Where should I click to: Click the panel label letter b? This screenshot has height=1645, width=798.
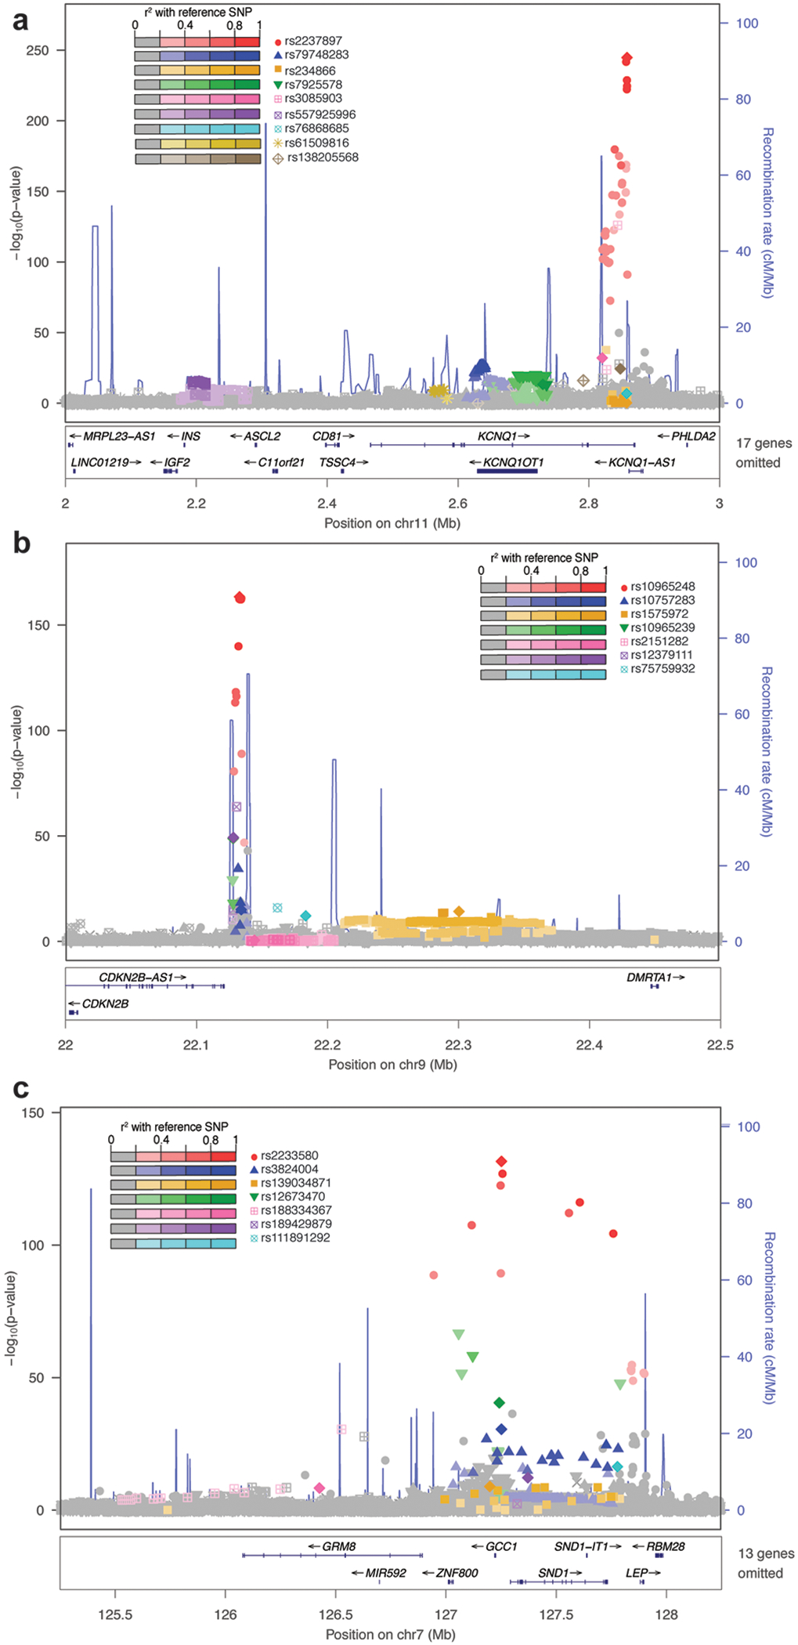click(x=21, y=542)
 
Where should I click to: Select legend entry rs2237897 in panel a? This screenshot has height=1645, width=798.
click(x=312, y=41)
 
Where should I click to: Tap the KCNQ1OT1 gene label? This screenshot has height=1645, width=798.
click(x=513, y=462)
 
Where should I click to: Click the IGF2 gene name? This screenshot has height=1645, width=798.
click(x=177, y=462)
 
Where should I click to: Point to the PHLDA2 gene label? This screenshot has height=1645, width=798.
click(x=692, y=436)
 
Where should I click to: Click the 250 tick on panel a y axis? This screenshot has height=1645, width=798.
click(x=38, y=50)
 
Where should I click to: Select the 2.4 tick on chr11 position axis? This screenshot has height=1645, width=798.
click(x=327, y=504)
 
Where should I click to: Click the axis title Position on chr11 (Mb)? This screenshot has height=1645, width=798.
click(x=392, y=523)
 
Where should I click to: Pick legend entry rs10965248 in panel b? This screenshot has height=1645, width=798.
click(x=663, y=587)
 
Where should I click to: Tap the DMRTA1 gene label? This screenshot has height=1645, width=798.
click(x=649, y=978)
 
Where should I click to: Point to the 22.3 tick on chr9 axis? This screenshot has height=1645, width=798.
click(x=458, y=1045)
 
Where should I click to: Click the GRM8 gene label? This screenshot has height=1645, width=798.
click(x=339, y=1546)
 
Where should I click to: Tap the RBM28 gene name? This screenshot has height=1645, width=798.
click(x=665, y=1546)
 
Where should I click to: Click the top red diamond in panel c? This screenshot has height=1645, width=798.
click(x=501, y=1161)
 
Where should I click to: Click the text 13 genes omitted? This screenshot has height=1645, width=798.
click(x=765, y=1563)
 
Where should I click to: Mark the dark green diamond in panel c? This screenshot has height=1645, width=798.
click(x=500, y=1402)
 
